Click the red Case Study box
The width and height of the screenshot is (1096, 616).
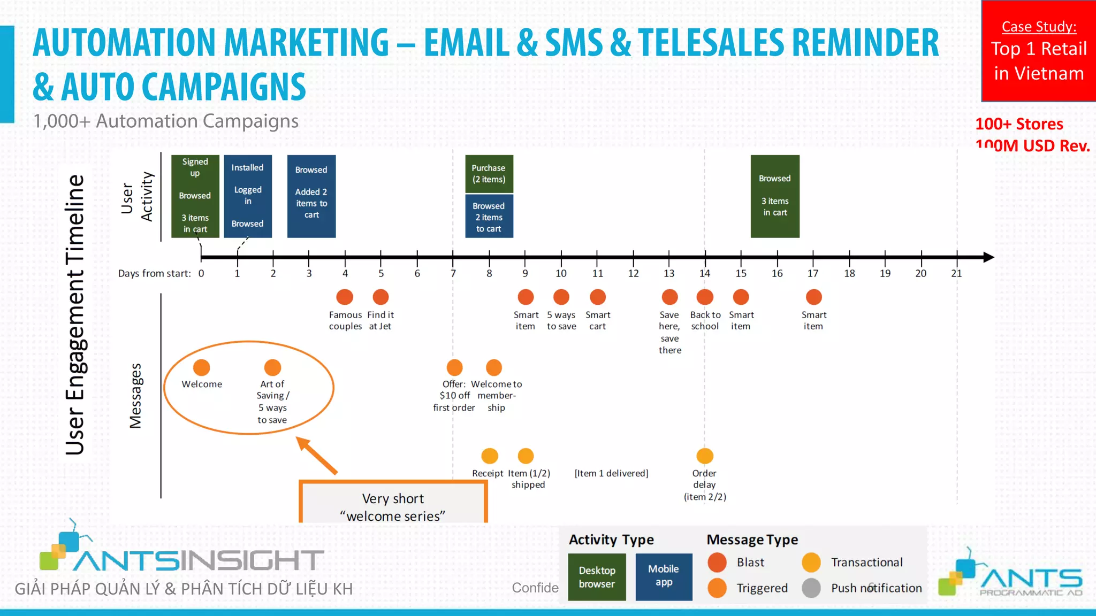1038,51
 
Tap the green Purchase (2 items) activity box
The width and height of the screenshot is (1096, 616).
489,174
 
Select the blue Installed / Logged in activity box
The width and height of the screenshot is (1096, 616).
248,196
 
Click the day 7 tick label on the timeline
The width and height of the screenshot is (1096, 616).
453,273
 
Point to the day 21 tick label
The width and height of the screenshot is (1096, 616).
956,273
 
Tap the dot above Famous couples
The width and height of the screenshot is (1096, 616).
345,297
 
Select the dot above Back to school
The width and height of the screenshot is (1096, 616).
705,297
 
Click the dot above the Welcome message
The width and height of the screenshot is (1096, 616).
201,367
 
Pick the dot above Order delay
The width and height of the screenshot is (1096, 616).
705,456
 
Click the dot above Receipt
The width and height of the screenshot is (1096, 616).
489,456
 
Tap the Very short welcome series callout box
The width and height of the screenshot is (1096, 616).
393,503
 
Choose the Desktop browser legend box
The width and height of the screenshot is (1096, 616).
597,577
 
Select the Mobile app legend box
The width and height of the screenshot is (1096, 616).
664,576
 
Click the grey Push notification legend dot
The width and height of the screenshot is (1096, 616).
811,588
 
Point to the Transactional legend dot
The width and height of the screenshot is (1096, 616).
811,563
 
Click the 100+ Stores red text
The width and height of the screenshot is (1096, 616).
1019,124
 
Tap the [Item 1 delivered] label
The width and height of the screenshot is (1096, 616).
611,473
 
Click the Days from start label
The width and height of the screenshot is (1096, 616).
154,274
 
